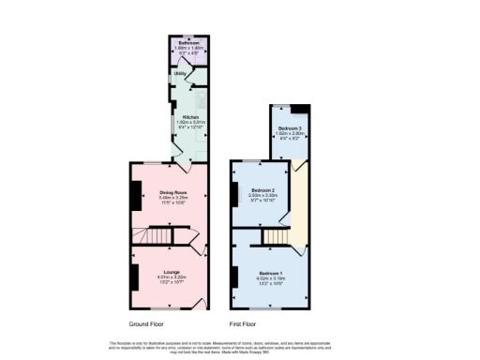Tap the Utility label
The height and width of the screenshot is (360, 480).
coord(177,74)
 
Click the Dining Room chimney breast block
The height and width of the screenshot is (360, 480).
coord(134,195)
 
